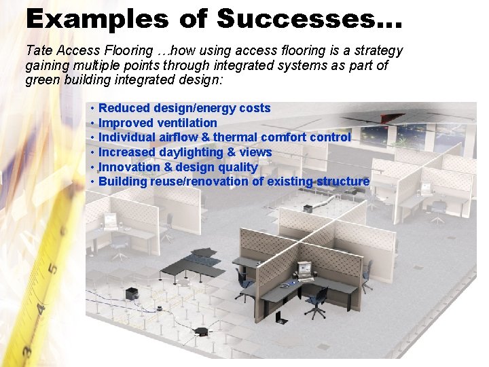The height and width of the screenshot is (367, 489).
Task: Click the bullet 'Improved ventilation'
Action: click(157, 123)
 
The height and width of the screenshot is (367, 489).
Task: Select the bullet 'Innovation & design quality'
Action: click(177, 167)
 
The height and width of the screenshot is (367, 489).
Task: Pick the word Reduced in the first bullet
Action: click(126, 108)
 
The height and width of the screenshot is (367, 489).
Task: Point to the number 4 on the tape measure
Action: click(41, 309)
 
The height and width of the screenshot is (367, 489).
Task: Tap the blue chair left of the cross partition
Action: click(242, 281)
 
